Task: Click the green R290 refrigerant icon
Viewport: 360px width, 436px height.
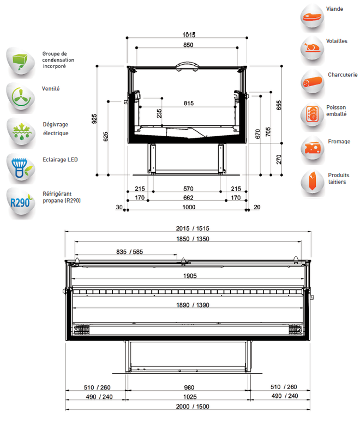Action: tap(21, 202)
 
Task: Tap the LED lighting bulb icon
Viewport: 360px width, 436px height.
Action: tap(21, 168)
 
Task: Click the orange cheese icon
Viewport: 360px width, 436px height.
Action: tap(313, 148)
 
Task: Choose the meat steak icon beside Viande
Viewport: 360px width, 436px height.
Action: tap(313, 17)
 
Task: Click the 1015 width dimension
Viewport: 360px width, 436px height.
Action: tap(189, 35)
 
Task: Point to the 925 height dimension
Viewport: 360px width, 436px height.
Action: tap(94, 119)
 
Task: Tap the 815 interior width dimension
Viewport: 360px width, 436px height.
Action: tap(189, 103)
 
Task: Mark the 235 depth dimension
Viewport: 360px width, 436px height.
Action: tap(159, 113)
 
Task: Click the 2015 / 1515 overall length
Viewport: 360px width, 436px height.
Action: tap(193, 228)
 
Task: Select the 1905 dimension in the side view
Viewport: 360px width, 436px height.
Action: tap(190, 276)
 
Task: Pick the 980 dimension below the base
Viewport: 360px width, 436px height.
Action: tap(189, 387)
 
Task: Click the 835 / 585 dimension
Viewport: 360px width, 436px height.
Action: tap(130, 252)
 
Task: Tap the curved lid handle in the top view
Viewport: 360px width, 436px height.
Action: tap(187, 65)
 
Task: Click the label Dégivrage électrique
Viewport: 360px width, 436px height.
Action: tap(56, 129)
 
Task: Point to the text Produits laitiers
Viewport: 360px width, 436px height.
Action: tap(339, 179)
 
